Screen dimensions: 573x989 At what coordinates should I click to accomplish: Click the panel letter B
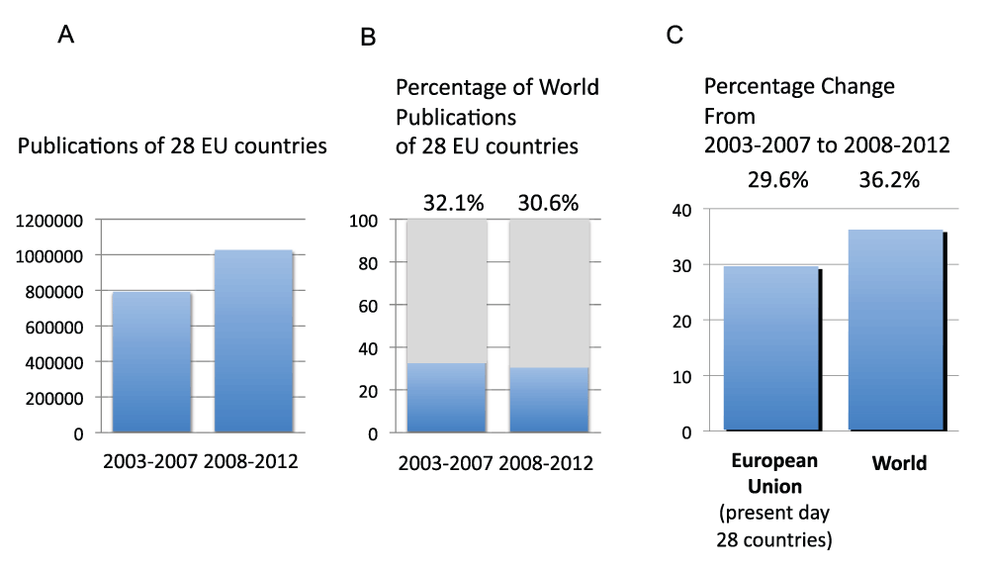368,38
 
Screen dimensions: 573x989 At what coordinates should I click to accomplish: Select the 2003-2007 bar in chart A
151,362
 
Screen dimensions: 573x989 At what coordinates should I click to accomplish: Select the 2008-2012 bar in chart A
254,341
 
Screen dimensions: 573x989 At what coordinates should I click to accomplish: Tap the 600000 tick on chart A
55,327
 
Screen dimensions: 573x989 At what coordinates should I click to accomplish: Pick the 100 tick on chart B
364,220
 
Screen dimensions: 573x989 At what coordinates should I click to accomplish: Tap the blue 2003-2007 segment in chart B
446,398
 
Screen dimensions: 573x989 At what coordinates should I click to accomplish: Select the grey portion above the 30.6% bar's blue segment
550,293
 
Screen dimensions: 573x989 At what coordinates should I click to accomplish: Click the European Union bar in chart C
771,348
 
